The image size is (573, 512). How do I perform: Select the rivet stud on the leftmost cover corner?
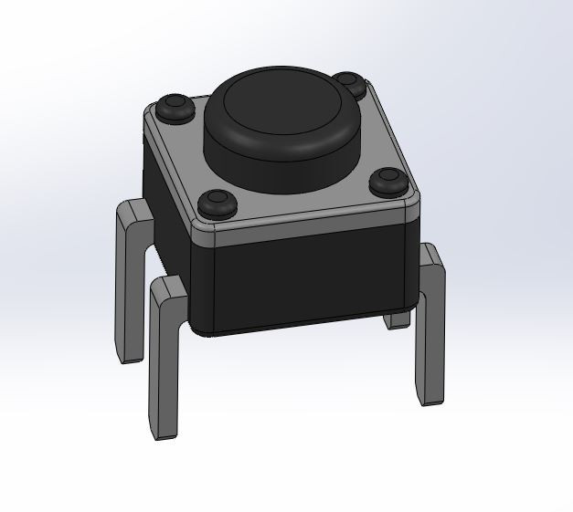pyautogui.click(x=174, y=107)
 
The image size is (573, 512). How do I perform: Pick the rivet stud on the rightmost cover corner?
pyautogui.click(x=388, y=181)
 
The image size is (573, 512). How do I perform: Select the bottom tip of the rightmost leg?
pyautogui.click(x=429, y=400)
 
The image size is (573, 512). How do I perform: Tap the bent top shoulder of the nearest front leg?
pyautogui.click(x=169, y=290)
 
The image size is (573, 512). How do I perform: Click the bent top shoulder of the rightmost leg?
pyautogui.click(x=430, y=256)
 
